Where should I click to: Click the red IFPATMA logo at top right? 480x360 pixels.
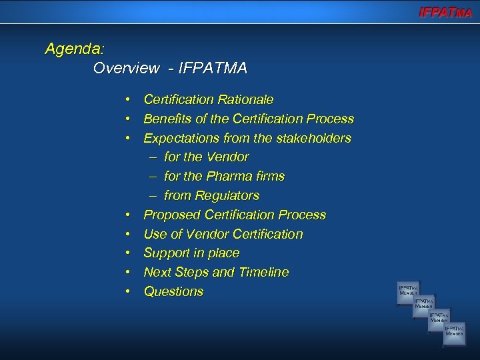pos(445,12)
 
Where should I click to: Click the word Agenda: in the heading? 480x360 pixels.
pos(75,49)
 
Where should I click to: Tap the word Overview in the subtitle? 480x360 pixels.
pos(127,68)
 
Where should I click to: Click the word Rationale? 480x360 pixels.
pos(244,100)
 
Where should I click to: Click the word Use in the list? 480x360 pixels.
pos(155,235)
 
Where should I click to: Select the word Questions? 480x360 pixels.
pos(174,292)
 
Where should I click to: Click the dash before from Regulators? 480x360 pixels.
pos(153,196)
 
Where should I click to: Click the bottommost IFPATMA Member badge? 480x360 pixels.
pos(455,332)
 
